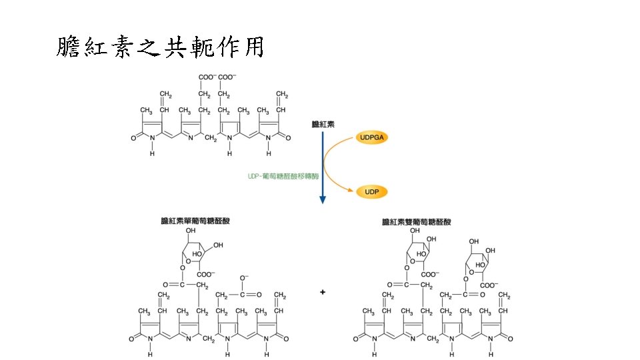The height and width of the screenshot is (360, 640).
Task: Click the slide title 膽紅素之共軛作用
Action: coord(160,47)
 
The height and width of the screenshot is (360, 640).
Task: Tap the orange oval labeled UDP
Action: coord(372,192)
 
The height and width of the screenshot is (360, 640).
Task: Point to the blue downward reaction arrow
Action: coord(323,167)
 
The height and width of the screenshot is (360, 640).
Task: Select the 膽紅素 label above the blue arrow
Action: coord(323,124)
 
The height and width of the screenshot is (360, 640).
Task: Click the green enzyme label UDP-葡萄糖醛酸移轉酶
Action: coord(283,177)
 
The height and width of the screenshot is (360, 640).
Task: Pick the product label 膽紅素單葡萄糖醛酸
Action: coord(197,221)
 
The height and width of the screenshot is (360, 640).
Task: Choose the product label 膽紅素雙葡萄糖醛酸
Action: coord(417,221)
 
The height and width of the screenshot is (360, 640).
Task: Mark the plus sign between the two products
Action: coord(323,292)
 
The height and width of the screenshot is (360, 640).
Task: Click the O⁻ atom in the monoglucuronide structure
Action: coord(244,277)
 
